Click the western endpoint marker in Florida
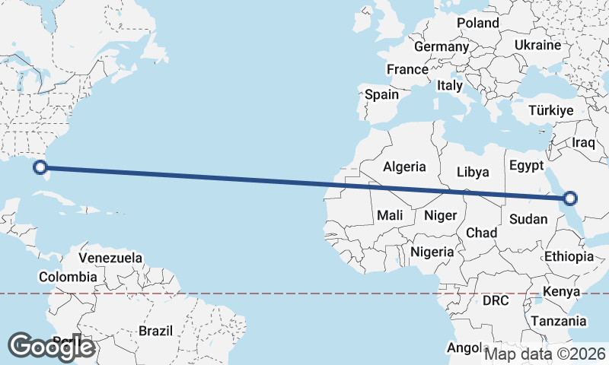[x=42, y=168]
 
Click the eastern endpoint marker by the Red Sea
[x=570, y=199]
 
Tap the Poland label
[x=477, y=23]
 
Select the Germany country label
[x=442, y=46]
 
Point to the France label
[x=407, y=69]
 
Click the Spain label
[x=381, y=95]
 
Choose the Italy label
[x=450, y=86]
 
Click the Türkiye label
[x=550, y=111]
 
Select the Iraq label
[x=583, y=143]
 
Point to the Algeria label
[x=404, y=167]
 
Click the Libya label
[x=473, y=172]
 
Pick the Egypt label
[x=525, y=166]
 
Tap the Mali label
[x=390, y=215]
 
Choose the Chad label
[x=481, y=232]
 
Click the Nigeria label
[x=432, y=252]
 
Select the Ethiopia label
[x=569, y=257]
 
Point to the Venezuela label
[x=110, y=258]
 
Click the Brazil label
[x=156, y=331]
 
